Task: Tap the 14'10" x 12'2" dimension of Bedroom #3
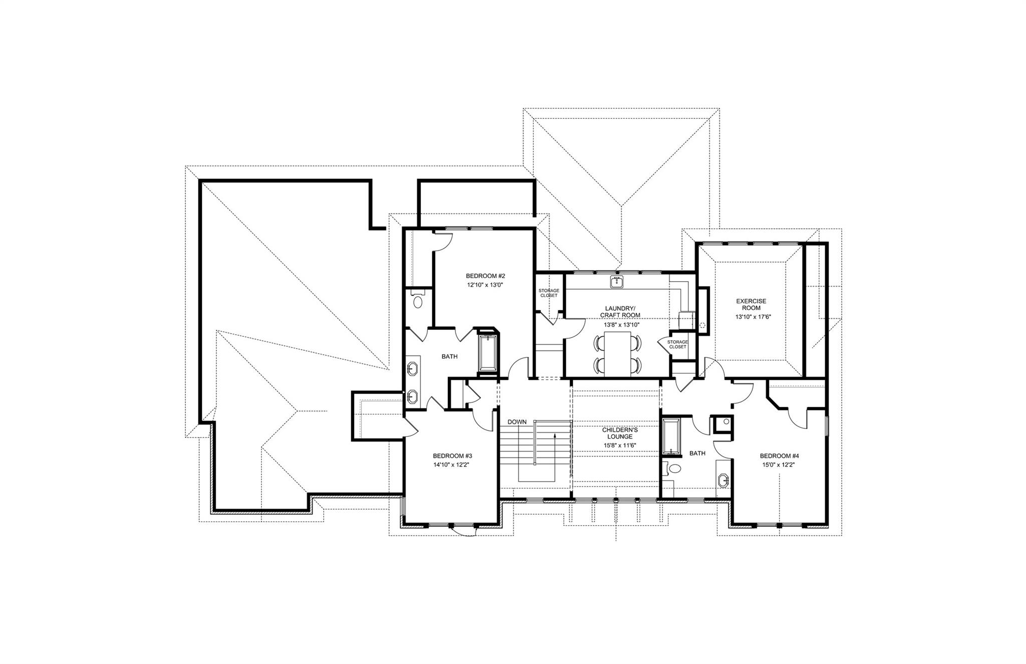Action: tap(452, 465)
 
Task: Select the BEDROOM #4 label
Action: tap(779, 456)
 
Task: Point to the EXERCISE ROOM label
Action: tap(751, 305)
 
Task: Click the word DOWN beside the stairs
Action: tap(517, 422)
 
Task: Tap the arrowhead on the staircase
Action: tap(555, 435)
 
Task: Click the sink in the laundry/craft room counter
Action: tap(617, 282)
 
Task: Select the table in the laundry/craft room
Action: tap(618, 354)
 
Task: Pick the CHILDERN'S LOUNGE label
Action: tap(620, 433)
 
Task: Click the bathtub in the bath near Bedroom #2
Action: tap(487, 353)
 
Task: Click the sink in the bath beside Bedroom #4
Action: tap(723, 480)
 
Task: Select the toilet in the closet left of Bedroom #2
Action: tap(418, 302)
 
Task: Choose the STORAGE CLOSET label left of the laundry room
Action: tap(549, 293)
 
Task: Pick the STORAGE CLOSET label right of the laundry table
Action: tap(677, 344)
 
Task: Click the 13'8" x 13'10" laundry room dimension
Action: tap(620, 324)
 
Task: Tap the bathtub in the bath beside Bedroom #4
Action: tap(670, 436)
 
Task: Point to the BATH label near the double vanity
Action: tap(449, 357)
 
